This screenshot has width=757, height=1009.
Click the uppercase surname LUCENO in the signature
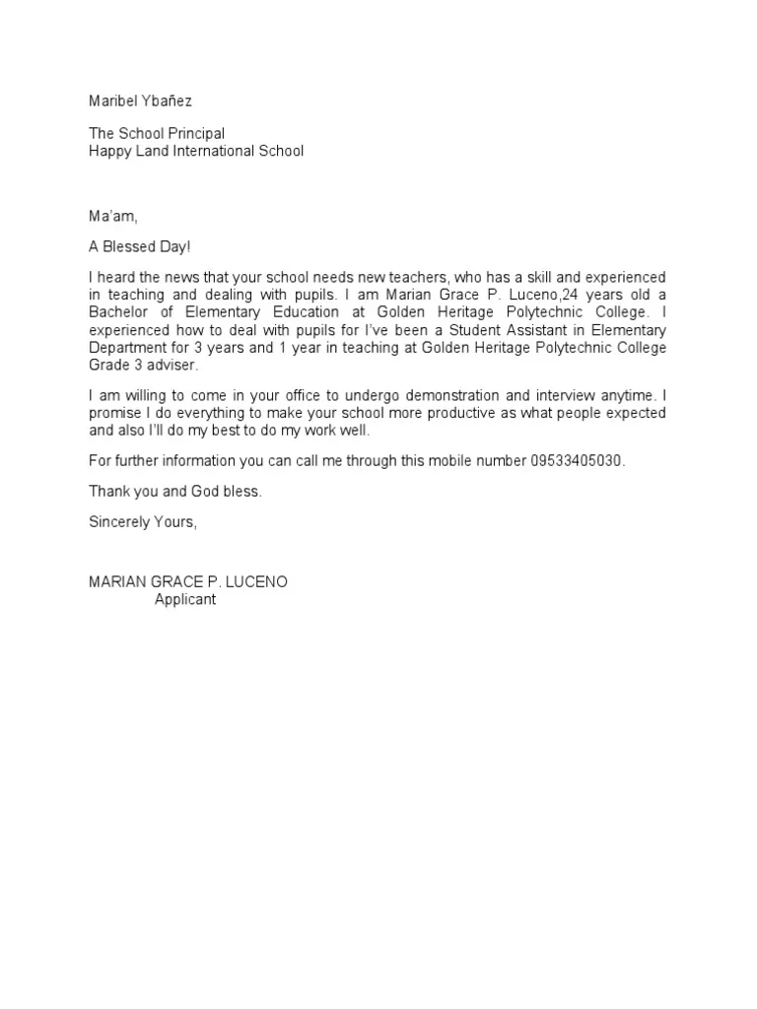point(257,581)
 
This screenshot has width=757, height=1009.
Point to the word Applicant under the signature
point(184,599)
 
